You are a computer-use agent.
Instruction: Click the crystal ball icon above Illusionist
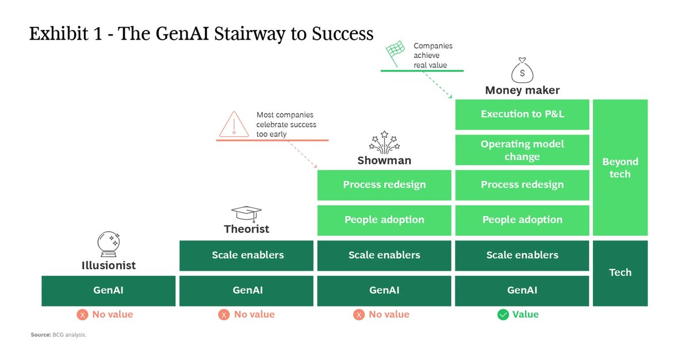click(x=108, y=244)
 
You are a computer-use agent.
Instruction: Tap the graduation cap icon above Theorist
click(x=246, y=213)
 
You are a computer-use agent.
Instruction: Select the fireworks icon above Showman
click(x=384, y=142)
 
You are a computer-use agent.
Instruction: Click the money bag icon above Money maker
click(x=522, y=71)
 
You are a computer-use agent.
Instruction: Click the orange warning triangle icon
click(x=233, y=123)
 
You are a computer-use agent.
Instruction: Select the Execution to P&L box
click(x=522, y=114)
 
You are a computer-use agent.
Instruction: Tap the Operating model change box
click(x=522, y=150)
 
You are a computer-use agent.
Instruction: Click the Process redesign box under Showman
click(x=384, y=185)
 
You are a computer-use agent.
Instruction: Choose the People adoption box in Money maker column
click(x=522, y=220)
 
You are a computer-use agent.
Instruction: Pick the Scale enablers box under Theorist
click(x=246, y=255)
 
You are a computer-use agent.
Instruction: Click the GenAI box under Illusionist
click(x=108, y=290)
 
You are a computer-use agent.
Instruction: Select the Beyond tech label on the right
click(x=620, y=168)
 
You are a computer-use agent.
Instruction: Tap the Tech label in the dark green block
click(x=620, y=273)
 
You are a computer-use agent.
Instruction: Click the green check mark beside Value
click(x=503, y=315)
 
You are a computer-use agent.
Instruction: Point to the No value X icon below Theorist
click(x=224, y=315)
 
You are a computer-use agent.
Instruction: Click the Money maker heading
click(x=522, y=90)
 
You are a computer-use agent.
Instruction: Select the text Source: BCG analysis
click(x=58, y=334)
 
